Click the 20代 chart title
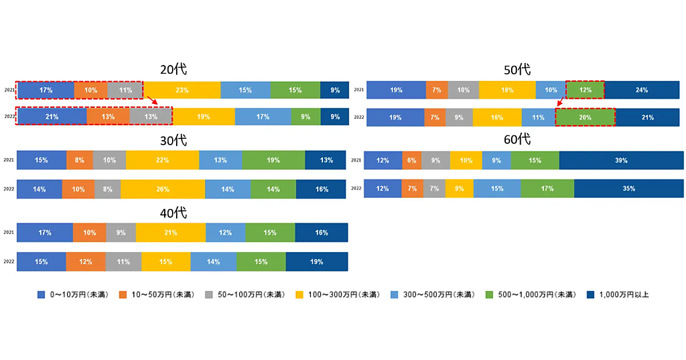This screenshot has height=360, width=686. pos(173,69)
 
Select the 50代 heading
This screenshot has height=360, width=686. pos(517,70)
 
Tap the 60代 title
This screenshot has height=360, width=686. pos(517,139)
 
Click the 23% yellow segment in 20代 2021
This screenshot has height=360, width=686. pos(182,90)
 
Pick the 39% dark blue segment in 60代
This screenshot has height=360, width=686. pos(621,161)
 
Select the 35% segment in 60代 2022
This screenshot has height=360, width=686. pos(629,188)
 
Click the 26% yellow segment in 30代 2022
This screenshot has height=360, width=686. pos(163,188)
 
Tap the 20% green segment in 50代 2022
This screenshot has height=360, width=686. pos(584,117)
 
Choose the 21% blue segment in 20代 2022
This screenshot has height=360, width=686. pos(51,117)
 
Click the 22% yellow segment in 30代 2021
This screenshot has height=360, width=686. pos(162,161)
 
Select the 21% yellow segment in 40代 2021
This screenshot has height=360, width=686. pos(170,233)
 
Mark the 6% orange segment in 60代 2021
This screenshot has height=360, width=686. pos(412,161)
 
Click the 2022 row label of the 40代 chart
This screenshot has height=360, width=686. pos(8,261)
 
